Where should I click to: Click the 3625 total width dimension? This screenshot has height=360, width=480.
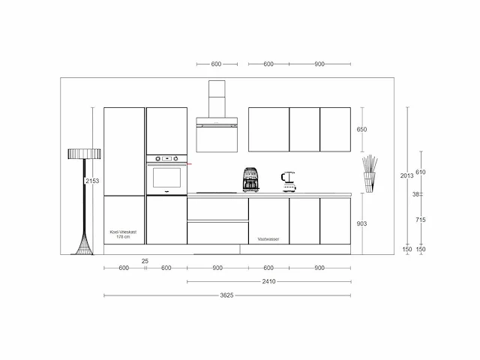pos(226,295)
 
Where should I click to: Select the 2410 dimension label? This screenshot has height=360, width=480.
pos(268,281)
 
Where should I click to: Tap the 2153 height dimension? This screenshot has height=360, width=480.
pos(92,181)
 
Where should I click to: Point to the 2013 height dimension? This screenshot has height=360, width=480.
pos(406,175)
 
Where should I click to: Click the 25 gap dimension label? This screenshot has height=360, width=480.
pos(145,261)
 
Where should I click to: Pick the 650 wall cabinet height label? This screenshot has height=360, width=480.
pos(361,130)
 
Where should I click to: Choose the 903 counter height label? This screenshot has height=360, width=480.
pos(361,223)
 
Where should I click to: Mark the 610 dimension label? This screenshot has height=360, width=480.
pos(421,172)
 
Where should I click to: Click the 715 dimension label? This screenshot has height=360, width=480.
pos(421,220)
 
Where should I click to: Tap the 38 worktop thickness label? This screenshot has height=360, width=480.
pos(415,194)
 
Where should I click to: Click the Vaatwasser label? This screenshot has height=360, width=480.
pos(268,239)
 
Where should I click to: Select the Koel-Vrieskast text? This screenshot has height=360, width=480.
pos(123,232)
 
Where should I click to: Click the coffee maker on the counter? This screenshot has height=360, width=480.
pos(250,180)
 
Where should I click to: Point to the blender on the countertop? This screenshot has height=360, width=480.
pos(288,181)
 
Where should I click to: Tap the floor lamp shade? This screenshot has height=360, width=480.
pos(84,154)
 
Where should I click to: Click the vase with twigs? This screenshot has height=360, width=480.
pos(370,174)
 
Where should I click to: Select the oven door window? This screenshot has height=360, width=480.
pos(166,178)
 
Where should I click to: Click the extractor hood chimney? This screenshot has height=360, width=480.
pos(217,99)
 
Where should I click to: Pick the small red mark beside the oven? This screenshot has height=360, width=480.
pos(190,164)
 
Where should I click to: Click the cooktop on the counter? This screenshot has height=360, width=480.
pos(217,193)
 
